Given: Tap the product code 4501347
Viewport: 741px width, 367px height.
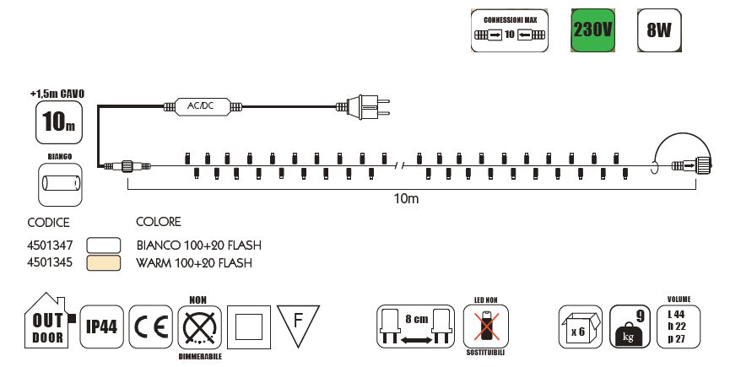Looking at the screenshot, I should pyautogui.click(x=51, y=245).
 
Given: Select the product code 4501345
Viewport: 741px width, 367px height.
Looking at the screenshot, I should pyautogui.click(x=51, y=262).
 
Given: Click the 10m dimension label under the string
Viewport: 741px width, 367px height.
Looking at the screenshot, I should pyautogui.click(x=406, y=200).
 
